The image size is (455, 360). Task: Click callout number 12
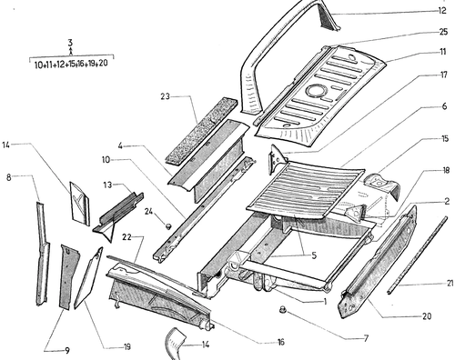(442, 11)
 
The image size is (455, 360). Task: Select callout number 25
(443, 32)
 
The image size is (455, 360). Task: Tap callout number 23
(165, 96)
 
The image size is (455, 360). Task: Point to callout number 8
(8, 177)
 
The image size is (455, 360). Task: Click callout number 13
(107, 185)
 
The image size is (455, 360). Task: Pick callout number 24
(148, 211)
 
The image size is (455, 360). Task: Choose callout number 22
(126, 237)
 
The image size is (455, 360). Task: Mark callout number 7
(366, 338)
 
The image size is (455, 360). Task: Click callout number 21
(450, 283)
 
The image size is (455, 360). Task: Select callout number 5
(314, 255)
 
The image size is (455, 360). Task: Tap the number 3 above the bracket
(70, 43)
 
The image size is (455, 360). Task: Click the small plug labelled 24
(168, 225)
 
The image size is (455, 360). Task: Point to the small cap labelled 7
(283, 310)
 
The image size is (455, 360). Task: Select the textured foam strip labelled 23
(201, 129)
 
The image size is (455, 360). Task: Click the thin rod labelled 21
(418, 255)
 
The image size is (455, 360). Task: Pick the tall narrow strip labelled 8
(42, 252)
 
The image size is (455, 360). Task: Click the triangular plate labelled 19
(87, 279)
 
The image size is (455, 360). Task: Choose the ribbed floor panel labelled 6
(305, 190)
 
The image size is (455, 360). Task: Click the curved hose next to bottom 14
(175, 343)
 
